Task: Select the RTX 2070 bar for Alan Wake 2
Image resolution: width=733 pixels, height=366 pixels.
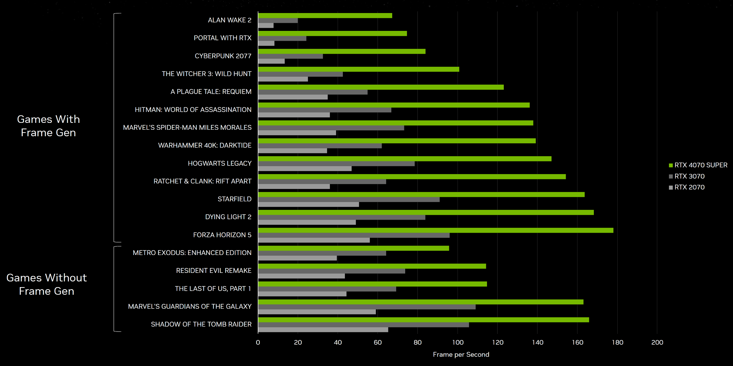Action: pyautogui.click(x=266, y=25)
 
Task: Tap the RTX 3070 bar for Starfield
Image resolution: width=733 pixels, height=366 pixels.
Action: pyautogui.click(x=349, y=200)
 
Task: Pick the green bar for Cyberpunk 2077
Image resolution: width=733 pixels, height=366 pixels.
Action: pyautogui.click(x=342, y=51)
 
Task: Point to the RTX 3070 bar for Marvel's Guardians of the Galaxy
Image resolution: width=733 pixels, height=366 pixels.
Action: pyautogui.click(x=366, y=307)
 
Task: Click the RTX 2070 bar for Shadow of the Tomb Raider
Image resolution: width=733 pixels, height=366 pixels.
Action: pyautogui.click(x=323, y=330)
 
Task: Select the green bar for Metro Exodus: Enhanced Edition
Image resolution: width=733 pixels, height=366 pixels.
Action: pyautogui.click(x=353, y=248)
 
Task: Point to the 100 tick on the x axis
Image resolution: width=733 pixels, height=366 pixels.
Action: pyautogui.click(x=458, y=342)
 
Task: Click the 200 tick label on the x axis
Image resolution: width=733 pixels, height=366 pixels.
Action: pyautogui.click(x=657, y=342)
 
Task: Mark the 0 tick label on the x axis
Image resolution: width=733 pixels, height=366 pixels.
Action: pyautogui.click(x=258, y=342)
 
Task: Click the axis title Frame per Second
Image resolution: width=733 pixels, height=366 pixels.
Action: pyautogui.click(x=461, y=355)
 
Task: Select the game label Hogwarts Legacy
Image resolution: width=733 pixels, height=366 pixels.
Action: pyautogui.click(x=219, y=163)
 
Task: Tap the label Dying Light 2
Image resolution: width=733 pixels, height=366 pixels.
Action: pyautogui.click(x=228, y=217)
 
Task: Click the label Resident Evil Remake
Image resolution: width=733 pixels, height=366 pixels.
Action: pyautogui.click(x=214, y=270)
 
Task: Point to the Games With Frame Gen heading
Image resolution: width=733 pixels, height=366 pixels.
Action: pyautogui.click(x=48, y=126)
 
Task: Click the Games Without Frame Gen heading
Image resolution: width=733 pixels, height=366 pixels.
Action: pyautogui.click(x=47, y=284)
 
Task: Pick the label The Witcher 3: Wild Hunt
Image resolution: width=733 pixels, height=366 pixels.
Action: pyautogui.click(x=206, y=74)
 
